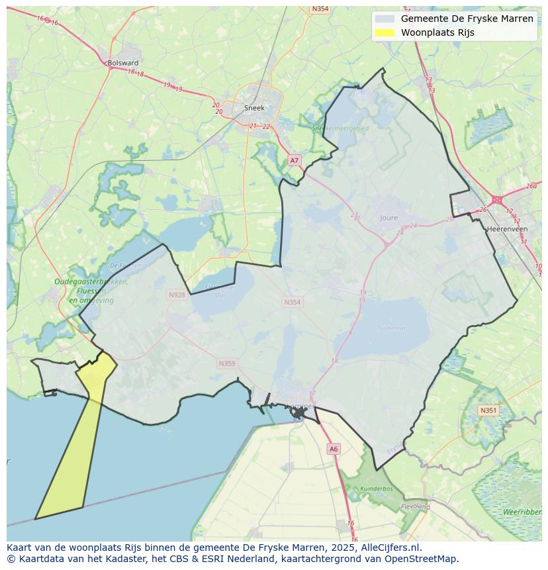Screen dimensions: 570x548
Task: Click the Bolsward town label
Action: click(x=122, y=63)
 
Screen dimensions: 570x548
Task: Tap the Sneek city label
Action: click(x=254, y=108)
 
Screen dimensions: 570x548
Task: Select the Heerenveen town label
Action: click(x=507, y=229)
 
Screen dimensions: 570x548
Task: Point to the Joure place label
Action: click(x=389, y=218)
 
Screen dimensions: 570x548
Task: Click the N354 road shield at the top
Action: click(x=320, y=9)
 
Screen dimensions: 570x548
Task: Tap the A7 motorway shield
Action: click(x=295, y=160)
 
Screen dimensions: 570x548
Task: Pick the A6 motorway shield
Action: click(x=334, y=449)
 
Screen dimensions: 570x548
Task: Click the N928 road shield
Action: click(x=177, y=295)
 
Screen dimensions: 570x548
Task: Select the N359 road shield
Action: click(x=227, y=363)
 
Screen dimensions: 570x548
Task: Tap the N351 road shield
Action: click(x=488, y=410)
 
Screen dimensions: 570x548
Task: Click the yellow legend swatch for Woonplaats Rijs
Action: click(x=384, y=32)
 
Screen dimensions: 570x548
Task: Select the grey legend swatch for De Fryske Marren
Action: click(x=384, y=19)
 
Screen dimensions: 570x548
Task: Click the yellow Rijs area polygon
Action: click(x=73, y=450)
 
